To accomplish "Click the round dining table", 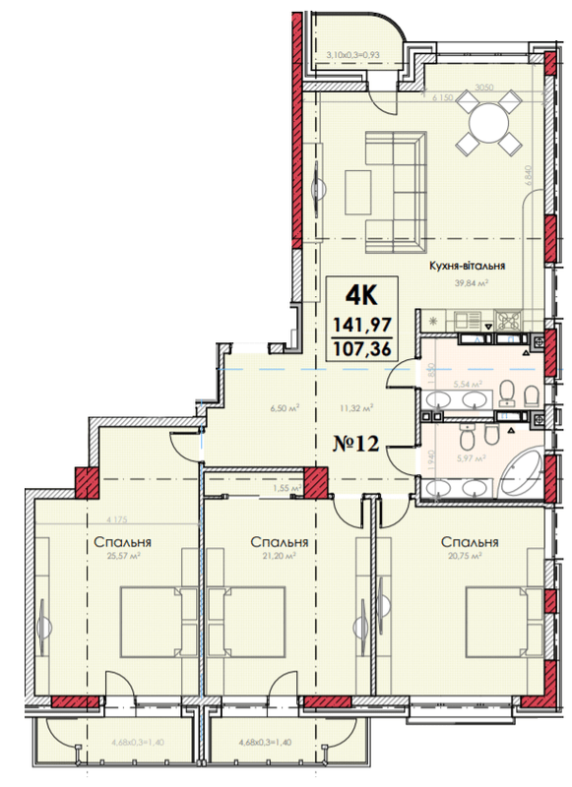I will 489,122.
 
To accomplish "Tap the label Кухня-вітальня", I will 466,266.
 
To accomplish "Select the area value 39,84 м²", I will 472,282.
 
